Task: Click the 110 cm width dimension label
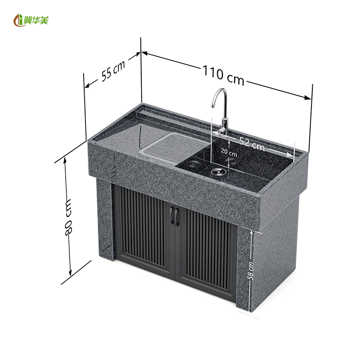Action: click(x=223, y=75)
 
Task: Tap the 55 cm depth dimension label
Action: click(x=113, y=71)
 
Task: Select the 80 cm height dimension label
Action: click(x=68, y=217)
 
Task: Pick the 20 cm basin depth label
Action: click(x=229, y=152)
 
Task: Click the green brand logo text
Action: click(x=36, y=21)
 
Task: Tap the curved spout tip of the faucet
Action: click(x=212, y=106)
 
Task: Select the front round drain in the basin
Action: click(x=217, y=171)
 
